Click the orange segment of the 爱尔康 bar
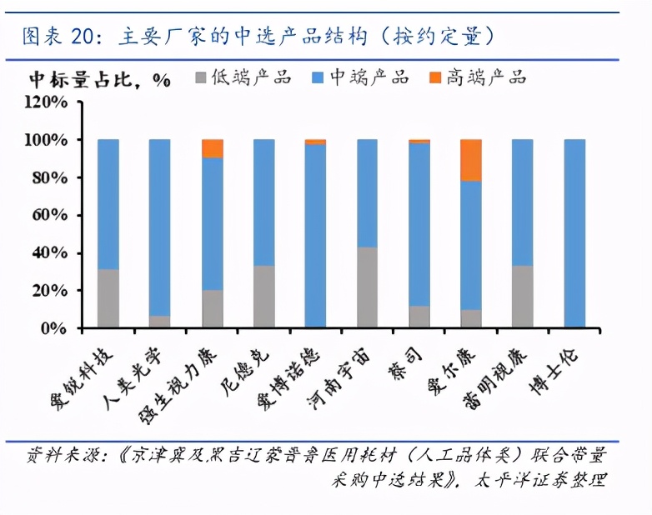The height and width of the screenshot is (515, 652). tap(471, 160)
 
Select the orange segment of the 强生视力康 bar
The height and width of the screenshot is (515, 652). tap(213, 148)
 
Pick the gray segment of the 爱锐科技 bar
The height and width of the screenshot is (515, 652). tap(108, 298)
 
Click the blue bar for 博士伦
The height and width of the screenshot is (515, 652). tap(574, 233)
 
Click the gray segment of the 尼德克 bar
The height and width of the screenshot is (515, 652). tap(264, 297)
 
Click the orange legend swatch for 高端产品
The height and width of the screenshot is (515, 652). tap(434, 78)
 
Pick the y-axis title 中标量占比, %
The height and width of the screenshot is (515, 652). tap(100, 79)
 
